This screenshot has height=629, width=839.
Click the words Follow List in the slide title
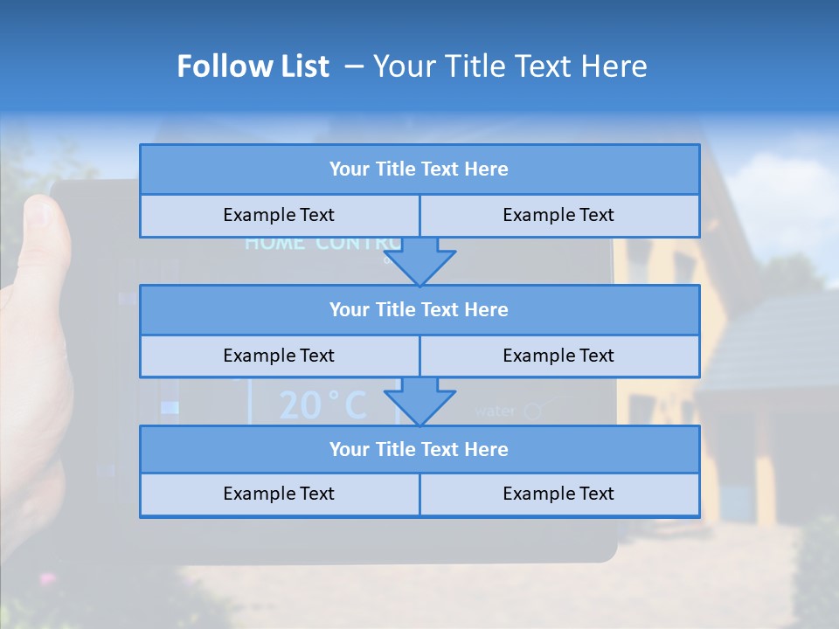pos(253,66)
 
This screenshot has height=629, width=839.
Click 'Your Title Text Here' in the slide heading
pos(510,66)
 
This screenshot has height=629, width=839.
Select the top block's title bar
pos(419,169)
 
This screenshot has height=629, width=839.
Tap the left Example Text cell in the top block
pos(279,215)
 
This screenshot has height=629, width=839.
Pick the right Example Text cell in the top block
pos(558,215)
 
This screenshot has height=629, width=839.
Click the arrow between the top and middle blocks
pos(419,263)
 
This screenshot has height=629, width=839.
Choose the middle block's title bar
pos(419,309)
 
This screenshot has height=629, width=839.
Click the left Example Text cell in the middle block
pos(279,356)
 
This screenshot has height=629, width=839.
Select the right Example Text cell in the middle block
pos(558,356)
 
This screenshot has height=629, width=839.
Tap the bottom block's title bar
pos(419,449)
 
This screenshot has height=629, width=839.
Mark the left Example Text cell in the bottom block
pos(279,494)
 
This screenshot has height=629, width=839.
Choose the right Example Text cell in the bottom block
pos(558,494)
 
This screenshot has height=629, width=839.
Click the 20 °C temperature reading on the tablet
pos(322,405)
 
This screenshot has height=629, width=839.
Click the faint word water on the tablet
pos(495,411)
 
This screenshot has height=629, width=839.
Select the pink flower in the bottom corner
pos(46,578)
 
